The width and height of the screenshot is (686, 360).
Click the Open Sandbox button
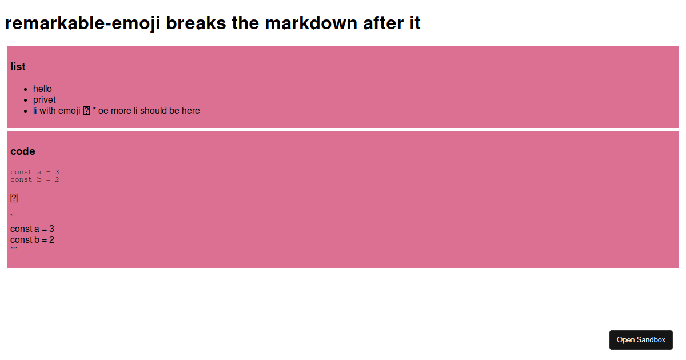641,340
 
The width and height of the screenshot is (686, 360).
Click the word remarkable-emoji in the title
82,23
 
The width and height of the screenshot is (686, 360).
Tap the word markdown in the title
309,23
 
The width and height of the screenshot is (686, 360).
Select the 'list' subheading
18,67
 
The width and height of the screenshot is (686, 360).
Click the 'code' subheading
23,151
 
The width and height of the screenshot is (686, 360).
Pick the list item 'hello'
42,89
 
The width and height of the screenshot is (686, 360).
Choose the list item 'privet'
45,100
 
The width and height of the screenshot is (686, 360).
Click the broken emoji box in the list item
87,111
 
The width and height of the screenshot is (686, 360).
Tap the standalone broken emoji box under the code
14,198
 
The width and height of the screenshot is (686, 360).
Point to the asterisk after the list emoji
94,111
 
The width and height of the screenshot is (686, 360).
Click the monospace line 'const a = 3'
35,172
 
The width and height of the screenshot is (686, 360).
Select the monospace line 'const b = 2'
35,179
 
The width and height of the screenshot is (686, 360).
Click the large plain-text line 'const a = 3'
32,229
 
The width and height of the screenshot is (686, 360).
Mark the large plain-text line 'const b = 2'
32,240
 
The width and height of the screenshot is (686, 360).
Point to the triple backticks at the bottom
14,250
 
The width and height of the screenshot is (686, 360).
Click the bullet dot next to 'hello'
25,89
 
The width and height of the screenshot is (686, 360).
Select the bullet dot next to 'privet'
25,100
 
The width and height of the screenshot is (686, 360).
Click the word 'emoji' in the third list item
69,111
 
